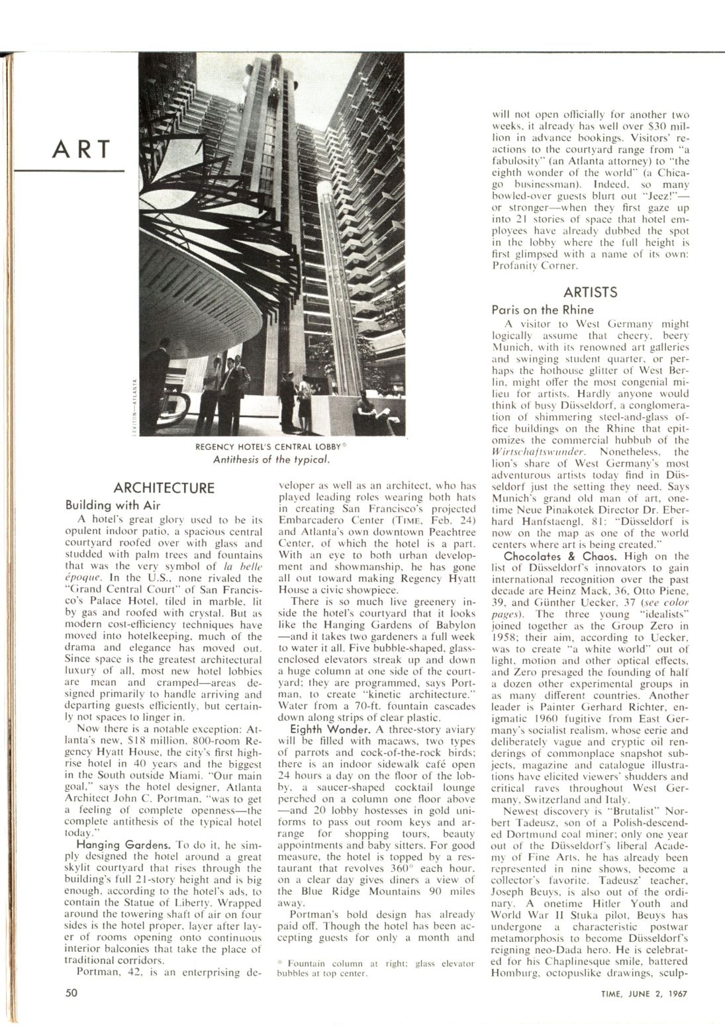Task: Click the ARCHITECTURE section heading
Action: [164, 489]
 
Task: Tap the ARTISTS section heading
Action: [591, 292]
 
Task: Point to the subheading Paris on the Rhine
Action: [543, 309]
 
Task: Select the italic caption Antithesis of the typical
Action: [271, 459]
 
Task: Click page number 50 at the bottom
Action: [72, 993]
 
